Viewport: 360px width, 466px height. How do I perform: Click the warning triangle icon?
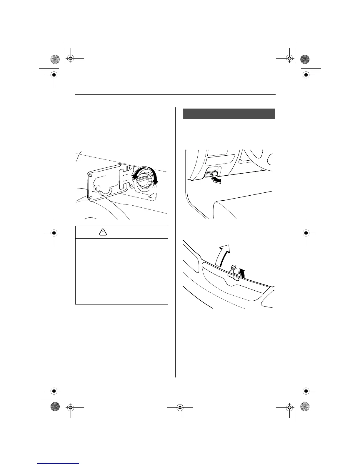pyautogui.click(x=103, y=232)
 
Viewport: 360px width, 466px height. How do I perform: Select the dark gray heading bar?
pyautogui.click(x=229, y=114)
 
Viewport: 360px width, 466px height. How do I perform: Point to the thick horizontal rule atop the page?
pyautogui.click(x=175, y=95)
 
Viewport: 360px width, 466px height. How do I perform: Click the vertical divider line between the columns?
pyautogui.click(x=175, y=241)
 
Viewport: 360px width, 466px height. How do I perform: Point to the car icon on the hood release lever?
pyautogui.click(x=211, y=174)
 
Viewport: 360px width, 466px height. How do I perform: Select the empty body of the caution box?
pyautogui.click(x=121, y=271)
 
